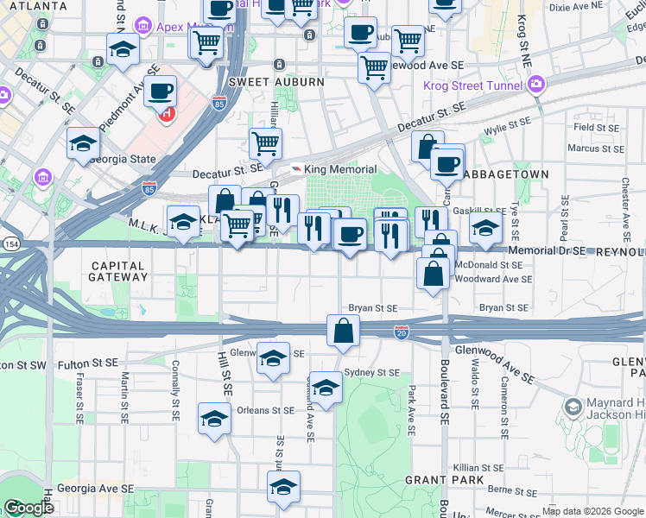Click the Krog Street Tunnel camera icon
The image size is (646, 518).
(x=536, y=85)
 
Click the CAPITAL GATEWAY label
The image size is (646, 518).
(x=120, y=270)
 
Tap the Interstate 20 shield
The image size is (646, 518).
(x=401, y=332)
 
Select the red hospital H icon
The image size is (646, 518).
(x=167, y=113)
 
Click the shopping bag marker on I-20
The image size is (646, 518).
(x=343, y=330)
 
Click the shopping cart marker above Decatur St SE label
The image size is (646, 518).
(x=265, y=142)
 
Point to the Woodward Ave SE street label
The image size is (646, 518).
(x=493, y=280)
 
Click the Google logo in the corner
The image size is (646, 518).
(x=28, y=508)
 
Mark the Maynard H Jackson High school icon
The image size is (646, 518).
(x=573, y=406)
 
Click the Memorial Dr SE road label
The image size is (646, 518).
(x=548, y=251)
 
